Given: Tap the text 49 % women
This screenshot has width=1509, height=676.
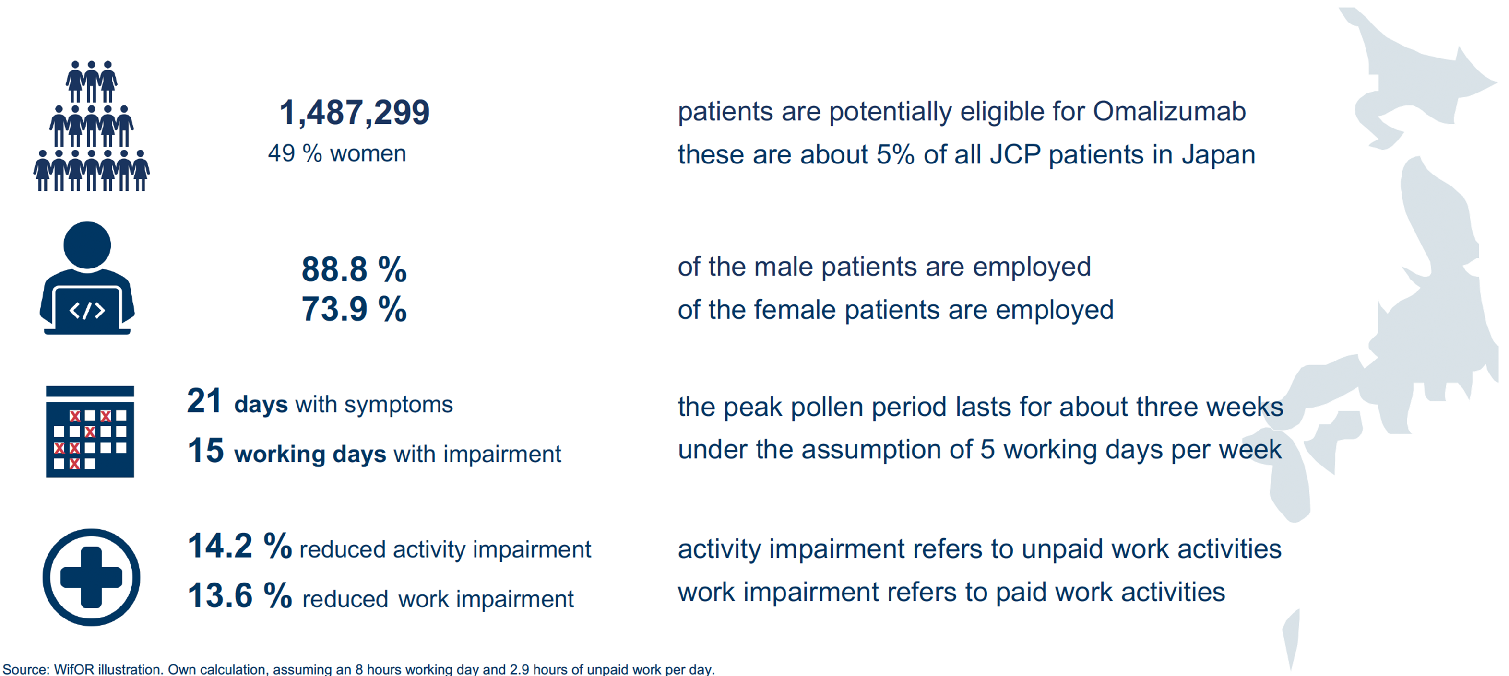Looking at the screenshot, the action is tap(337, 153).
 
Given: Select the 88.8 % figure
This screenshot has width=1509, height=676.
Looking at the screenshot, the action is tap(354, 269).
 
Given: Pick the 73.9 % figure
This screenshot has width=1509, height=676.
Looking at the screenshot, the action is tap(354, 309).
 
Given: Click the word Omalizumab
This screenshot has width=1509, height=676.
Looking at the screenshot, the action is tap(1169, 111).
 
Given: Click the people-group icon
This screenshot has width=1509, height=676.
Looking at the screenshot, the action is tap(91, 126).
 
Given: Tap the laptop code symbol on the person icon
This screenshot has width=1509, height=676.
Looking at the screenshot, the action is tap(87, 310).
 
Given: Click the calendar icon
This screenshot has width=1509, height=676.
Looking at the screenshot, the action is tap(90, 431).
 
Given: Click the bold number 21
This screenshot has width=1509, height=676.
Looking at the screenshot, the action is tap(204, 401).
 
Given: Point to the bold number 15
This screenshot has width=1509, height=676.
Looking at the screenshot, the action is tap(206, 451).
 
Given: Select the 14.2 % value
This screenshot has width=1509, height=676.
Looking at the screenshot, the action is tap(239, 546).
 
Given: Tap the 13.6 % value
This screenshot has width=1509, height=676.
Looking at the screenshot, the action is tap(239, 596).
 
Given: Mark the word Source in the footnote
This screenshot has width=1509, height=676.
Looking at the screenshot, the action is tap(24, 669).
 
